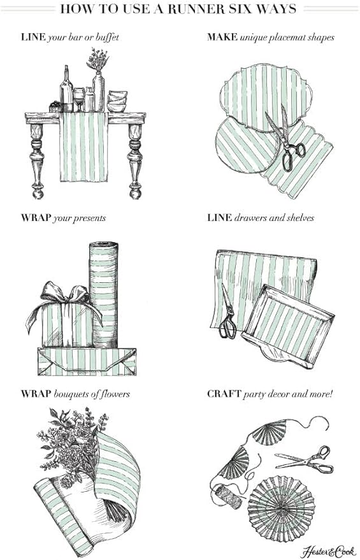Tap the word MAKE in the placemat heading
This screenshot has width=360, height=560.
222,37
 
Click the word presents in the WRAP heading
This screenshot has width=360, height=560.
89,218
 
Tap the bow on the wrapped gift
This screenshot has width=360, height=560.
64,294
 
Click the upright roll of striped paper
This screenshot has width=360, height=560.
104,293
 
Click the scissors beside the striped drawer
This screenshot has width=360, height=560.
227,314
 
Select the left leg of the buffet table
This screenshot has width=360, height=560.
37,159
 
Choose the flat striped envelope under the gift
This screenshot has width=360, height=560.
87,362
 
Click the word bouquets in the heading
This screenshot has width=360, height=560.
75,394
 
